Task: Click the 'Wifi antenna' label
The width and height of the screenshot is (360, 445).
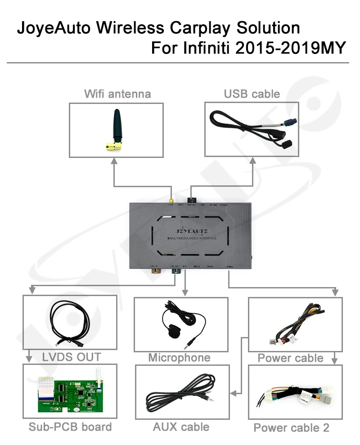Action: click(117, 94)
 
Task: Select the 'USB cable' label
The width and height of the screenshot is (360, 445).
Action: click(252, 94)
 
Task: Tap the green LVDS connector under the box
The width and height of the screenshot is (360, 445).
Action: click(175, 273)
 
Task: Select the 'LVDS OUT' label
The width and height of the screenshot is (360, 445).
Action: click(72, 357)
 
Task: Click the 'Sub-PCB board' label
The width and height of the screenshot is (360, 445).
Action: click(70, 427)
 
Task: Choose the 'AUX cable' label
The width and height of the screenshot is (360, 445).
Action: click(181, 427)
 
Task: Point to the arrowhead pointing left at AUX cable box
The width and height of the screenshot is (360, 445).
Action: click(233, 393)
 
